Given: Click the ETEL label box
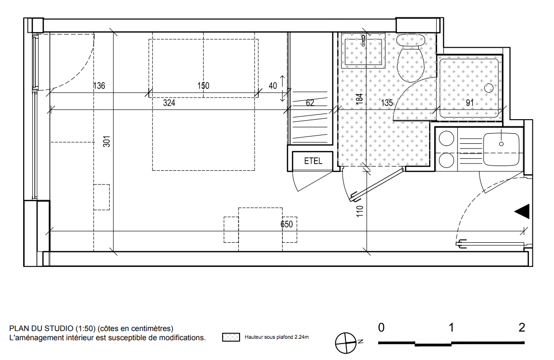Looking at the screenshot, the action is (x=313, y=161).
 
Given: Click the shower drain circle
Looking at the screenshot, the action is (x=489, y=88).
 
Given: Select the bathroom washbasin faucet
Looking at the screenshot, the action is (x=363, y=40).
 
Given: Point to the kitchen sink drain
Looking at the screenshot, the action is (x=501, y=144).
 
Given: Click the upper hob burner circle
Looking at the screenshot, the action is (x=446, y=138).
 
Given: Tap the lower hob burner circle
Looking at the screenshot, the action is (x=446, y=161).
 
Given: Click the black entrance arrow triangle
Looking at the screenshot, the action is (x=522, y=211).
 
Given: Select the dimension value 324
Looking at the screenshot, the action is (x=169, y=103).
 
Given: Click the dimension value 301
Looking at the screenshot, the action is (x=107, y=141).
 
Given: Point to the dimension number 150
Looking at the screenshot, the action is (x=203, y=86).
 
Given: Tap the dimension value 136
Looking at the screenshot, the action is (x=99, y=86).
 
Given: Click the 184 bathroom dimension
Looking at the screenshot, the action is (x=359, y=98).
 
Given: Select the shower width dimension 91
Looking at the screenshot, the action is (x=469, y=103).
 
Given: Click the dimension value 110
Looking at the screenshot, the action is (x=360, y=211).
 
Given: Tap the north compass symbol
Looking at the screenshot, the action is (x=346, y=343).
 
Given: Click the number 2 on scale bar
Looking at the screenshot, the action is (x=522, y=328).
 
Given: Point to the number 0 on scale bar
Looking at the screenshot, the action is (x=381, y=328).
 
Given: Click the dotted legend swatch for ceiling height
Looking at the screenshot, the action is (x=231, y=337).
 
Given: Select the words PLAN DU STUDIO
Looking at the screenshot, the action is (x=42, y=329).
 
